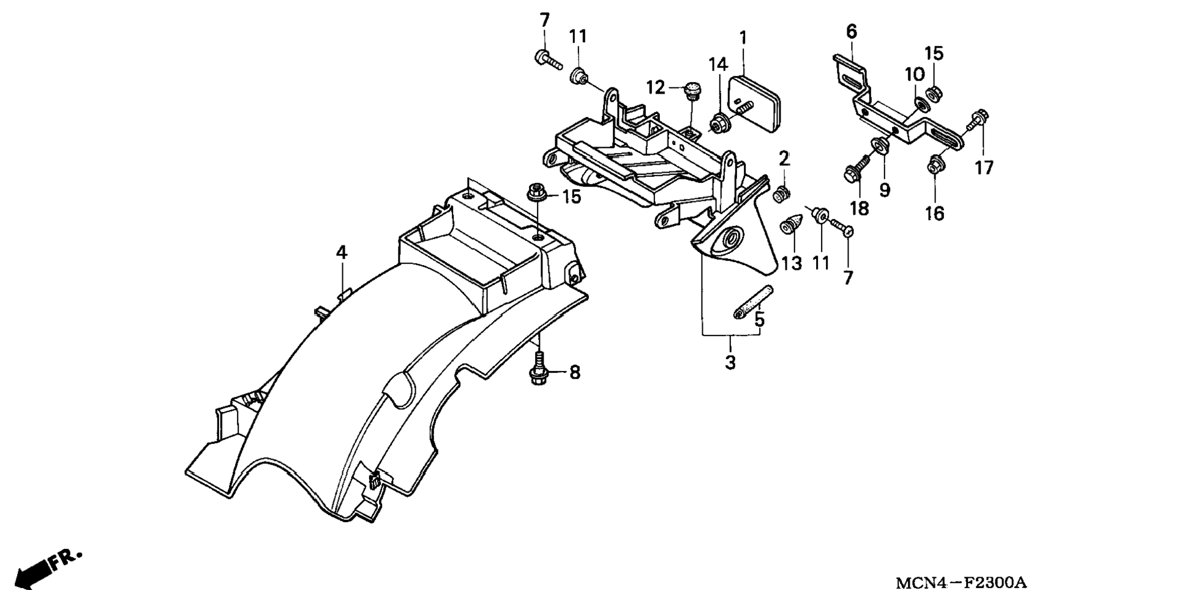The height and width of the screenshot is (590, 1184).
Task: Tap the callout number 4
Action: [342, 252]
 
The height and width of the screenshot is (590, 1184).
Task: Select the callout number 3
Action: [730, 362]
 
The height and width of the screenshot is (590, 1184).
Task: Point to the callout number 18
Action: [860, 209]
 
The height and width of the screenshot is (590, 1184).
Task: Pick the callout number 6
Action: [852, 31]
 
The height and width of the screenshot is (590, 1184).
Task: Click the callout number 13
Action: [792, 264]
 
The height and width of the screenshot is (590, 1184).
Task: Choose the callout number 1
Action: [743, 38]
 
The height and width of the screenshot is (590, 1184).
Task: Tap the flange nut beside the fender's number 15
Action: [537, 193]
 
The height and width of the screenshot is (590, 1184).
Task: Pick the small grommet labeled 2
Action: [781, 195]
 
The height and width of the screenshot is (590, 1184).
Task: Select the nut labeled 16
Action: [935, 164]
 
